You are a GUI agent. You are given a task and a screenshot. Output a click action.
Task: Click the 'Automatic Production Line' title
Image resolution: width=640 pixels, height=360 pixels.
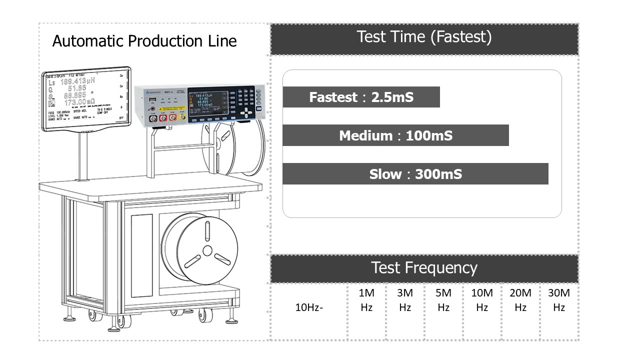[144, 41]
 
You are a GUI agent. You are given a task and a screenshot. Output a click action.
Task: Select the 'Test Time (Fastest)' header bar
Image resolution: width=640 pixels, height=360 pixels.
[424, 37]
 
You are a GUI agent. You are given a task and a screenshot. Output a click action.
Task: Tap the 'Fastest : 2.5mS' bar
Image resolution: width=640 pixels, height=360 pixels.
[361, 97]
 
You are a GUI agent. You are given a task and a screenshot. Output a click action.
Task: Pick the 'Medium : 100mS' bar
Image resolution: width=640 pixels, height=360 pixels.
[395, 135]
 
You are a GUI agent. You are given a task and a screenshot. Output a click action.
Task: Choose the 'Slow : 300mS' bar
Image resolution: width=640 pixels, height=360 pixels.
[415, 174]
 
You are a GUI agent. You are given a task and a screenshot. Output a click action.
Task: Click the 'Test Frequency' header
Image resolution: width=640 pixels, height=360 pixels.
[424, 268]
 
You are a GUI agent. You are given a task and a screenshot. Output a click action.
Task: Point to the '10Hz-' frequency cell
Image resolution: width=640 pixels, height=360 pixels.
[309, 307]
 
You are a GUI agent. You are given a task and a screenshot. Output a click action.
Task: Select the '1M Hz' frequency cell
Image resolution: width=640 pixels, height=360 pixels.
[366, 300]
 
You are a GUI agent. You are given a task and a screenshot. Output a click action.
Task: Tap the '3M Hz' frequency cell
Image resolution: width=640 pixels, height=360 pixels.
[405, 300]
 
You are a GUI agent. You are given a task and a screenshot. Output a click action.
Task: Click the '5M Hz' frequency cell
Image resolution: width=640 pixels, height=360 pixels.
[443, 300]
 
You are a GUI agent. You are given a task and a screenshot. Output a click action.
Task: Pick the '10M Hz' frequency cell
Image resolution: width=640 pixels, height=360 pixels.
[482, 300]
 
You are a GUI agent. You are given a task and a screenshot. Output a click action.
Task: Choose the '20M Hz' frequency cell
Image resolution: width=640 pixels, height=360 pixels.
[520, 300]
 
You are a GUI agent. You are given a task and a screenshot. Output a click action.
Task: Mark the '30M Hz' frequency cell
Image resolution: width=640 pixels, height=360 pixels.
[559, 300]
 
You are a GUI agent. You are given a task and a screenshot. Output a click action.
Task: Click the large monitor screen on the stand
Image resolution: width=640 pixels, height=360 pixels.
[85, 99]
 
